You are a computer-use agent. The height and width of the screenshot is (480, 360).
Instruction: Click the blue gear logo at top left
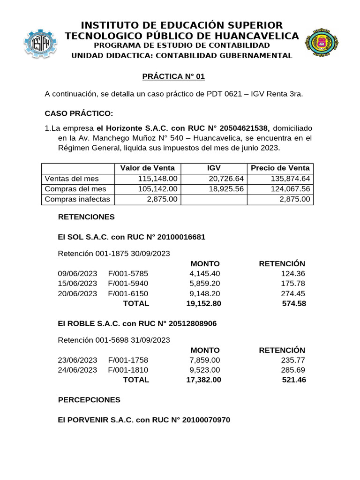[41, 44]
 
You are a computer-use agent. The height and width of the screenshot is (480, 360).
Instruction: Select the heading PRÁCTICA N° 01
[173, 76]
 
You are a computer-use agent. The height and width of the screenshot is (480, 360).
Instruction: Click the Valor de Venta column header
[148, 168]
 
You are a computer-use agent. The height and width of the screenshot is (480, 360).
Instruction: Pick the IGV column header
[214, 168]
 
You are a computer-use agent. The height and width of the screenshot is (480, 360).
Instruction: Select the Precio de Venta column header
[280, 168]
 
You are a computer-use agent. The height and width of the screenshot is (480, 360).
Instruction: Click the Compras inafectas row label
[77, 199]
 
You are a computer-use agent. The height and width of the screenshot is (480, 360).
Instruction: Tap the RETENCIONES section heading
[86, 217]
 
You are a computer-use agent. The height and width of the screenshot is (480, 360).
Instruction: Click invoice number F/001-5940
[127, 283]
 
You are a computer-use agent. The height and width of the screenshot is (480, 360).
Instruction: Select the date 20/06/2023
[77, 293]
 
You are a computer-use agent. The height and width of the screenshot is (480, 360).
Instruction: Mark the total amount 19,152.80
[203, 303]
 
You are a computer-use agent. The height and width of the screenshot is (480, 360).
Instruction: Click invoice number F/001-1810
[127, 370]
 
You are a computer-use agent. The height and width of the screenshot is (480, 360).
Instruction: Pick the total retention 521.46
[294, 380]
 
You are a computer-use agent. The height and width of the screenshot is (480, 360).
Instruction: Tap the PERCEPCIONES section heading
[89, 400]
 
